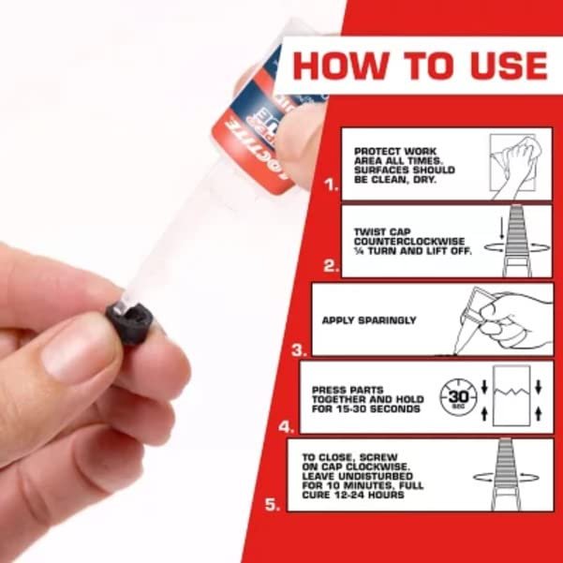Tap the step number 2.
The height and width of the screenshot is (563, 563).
(x=330, y=266)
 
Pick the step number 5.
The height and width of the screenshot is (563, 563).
(x=273, y=504)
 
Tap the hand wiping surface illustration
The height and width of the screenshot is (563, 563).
(x=517, y=165)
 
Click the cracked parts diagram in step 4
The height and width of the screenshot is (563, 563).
(x=511, y=396)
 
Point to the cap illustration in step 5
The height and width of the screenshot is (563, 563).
(x=511, y=475)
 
